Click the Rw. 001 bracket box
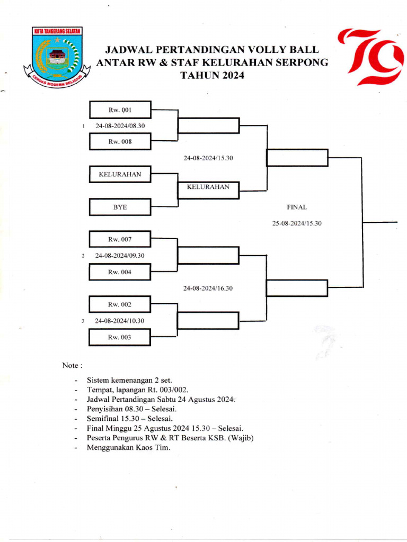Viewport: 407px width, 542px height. tap(120, 110)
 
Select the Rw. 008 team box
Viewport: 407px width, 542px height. tap(120, 142)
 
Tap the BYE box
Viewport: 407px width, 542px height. tap(120, 207)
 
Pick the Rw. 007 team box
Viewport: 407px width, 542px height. tap(120, 239)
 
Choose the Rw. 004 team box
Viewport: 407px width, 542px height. tap(120, 272)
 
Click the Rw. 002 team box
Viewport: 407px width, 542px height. tap(120, 305)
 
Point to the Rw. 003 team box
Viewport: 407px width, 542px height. tap(120, 337)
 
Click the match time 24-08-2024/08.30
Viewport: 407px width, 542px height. tap(120, 126)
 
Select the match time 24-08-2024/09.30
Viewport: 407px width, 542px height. tap(120, 256)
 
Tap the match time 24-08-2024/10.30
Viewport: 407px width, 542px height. tap(120, 321)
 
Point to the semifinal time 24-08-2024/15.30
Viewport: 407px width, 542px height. tap(208, 158)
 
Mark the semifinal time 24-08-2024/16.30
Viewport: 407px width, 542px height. tap(208, 288)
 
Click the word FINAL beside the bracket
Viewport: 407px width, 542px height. tap(297, 207)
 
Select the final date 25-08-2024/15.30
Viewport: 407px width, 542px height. tap(297, 224)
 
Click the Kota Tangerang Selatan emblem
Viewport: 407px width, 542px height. tap(57, 57)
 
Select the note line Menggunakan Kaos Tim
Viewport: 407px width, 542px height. tap(129, 448)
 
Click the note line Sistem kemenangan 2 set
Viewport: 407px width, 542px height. tap(130, 380)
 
